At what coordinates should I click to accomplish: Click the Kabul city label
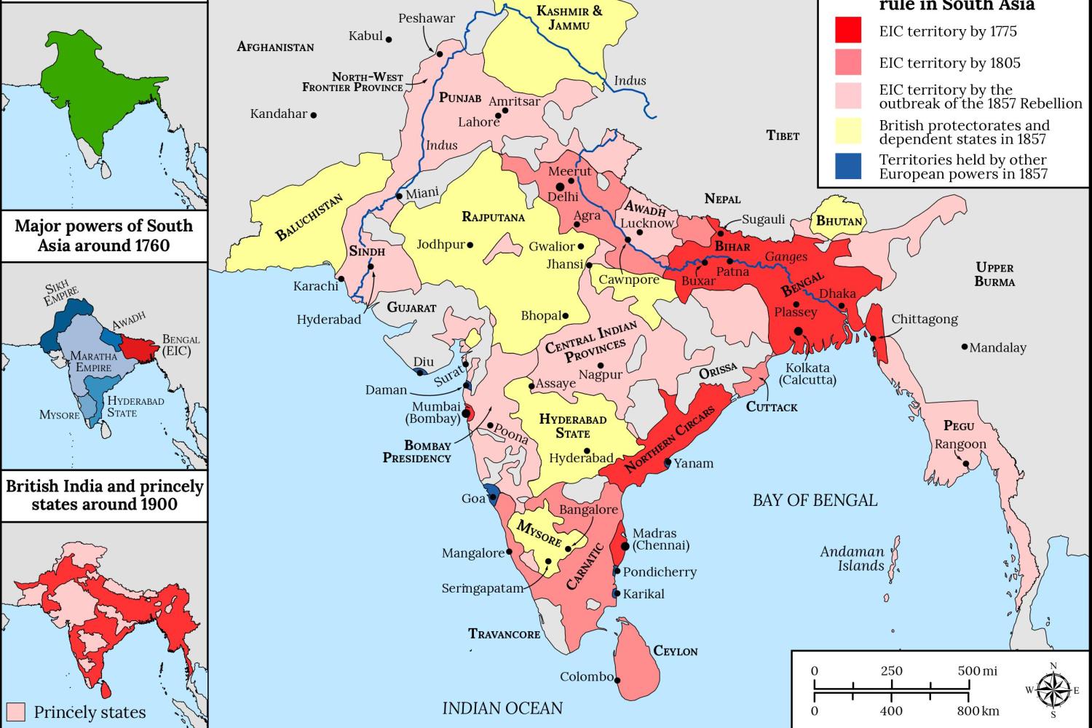[x=365, y=36]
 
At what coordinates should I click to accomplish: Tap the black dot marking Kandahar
[x=314, y=115]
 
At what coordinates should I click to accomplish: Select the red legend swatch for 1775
[x=847, y=31]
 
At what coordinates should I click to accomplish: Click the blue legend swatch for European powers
[x=847, y=166]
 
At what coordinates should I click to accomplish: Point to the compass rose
[x=1052, y=689]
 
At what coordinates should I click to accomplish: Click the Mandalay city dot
[x=965, y=348]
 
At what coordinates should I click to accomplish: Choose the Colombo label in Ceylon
[x=587, y=677]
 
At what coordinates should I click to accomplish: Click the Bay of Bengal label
[x=815, y=500]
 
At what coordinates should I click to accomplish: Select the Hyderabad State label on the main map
[x=573, y=426]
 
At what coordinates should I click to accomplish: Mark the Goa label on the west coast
[x=473, y=499]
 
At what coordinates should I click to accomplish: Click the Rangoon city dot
[x=966, y=464]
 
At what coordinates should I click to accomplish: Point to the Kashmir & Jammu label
[x=569, y=17]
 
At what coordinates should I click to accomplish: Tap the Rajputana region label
[x=493, y=217]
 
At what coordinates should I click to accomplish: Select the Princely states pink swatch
[x=16, y=712]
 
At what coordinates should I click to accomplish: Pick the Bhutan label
[x=839, y=221]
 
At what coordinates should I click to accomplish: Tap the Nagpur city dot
[x=601, y=365]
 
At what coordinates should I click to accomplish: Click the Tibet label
[x=783, y=135]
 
